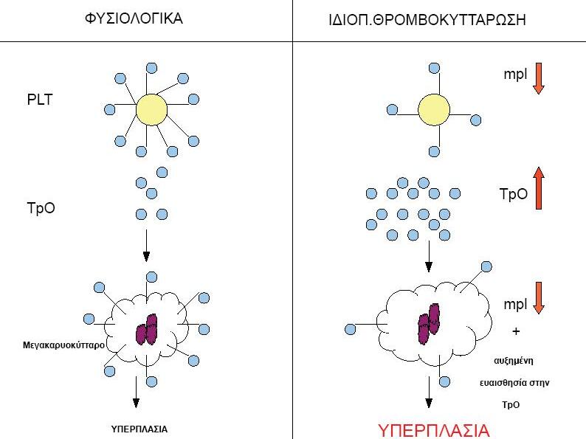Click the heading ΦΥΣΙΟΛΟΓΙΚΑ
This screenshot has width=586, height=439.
point(134,18)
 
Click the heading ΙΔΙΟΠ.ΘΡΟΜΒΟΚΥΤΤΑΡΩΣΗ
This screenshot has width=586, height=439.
point(427,20)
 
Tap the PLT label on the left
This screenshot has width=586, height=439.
point(40,100)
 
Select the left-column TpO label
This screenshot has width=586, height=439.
point(41,208)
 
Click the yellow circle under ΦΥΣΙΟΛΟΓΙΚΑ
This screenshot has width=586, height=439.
point(151,109)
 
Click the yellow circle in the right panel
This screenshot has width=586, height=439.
point(434,110)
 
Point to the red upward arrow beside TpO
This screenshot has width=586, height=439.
point(539,187)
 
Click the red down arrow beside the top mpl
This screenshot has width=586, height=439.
point(539,78)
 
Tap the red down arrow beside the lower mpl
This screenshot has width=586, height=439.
point(539,298)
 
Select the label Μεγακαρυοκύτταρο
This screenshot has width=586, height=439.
point(63,345)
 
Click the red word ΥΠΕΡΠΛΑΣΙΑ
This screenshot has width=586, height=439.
point(433,430)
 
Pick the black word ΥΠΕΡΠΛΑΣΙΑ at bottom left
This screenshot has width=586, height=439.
point(139,429)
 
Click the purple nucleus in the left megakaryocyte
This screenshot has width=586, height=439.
point(146,329)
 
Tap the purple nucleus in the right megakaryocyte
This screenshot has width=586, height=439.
point(429,324)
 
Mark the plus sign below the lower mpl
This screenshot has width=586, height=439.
point(516,331)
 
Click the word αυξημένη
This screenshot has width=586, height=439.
point(514,361)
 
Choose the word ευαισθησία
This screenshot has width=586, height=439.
point(501,383)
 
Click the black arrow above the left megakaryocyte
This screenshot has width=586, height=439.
point(146,246)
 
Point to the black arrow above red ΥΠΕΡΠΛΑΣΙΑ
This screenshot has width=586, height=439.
point(429,392)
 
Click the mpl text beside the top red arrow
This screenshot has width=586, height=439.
point(515,74)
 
